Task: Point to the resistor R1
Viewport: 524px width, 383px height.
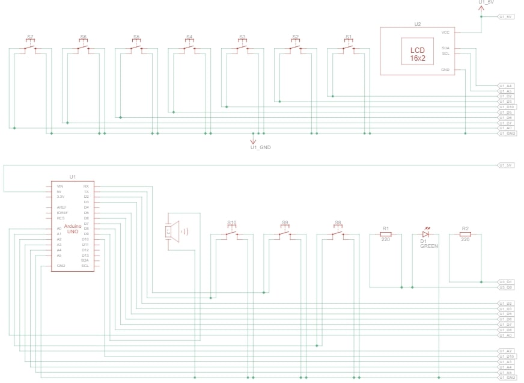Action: (x=386, y=235)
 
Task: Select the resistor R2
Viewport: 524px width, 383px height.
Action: (x=465, y=235)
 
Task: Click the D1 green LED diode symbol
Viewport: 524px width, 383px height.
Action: (x=425, y=235)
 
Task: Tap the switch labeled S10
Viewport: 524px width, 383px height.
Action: (x=232, y=233)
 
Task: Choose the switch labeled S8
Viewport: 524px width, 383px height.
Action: (x=338, y=233)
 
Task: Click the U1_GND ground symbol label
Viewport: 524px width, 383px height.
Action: (x=260, y=147)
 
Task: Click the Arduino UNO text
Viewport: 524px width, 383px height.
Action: (x=73, y=229)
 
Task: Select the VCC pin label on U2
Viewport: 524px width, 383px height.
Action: (x=445, y=32)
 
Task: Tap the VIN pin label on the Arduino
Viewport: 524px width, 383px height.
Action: (x=59, y=186)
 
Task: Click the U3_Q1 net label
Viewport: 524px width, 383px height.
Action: (x=505, y=281)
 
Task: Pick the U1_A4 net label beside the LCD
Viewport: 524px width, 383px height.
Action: (x=505, y=86)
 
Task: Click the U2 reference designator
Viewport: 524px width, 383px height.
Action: (x=417, y=23)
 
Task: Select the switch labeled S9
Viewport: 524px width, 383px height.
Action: (x=285, y=233)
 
